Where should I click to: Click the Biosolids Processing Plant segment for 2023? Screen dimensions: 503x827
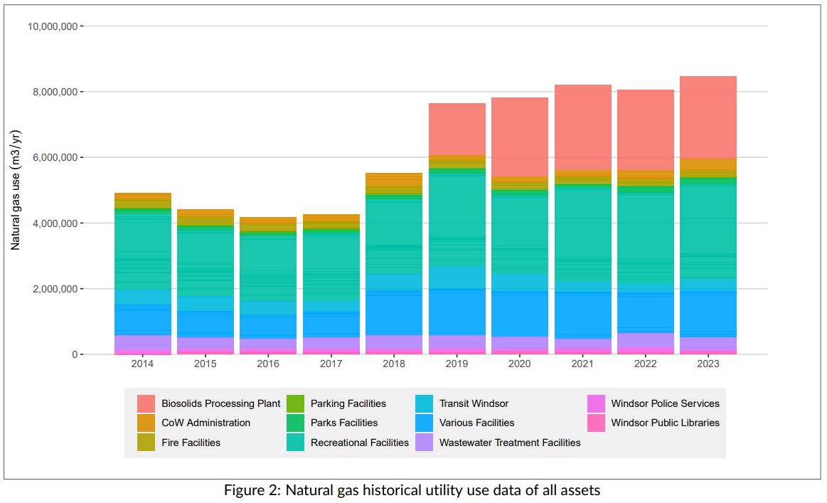708,117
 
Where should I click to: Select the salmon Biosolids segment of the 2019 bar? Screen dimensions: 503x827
457,129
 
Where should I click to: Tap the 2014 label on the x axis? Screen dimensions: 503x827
143,364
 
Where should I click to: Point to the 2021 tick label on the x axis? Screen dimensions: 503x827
582,364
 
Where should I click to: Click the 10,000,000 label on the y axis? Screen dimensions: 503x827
52,26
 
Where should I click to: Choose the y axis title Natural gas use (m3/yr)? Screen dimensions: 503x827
16,190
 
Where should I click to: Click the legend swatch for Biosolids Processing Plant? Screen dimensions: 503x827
146,403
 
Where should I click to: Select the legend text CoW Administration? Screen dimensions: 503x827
206,423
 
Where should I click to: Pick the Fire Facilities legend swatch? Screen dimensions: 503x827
146,443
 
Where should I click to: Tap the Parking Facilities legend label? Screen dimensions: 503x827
348,403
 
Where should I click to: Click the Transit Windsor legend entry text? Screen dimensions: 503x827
474,403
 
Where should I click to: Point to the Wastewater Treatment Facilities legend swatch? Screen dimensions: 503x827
425,443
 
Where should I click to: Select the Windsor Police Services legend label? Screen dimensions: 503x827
665,403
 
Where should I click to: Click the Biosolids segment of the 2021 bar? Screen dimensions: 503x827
582,127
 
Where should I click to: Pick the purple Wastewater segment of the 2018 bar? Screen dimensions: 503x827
394,342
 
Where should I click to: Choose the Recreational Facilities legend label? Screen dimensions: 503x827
359,443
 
